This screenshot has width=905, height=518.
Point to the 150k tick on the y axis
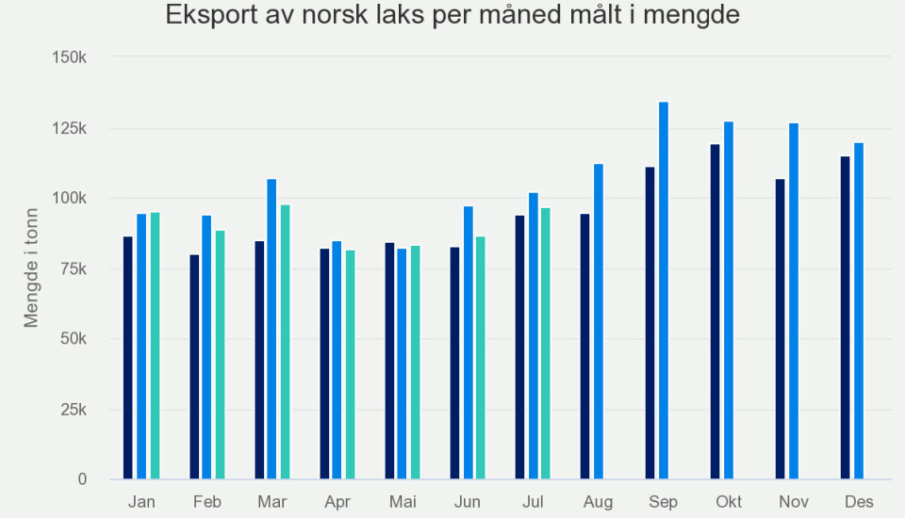point(70,57)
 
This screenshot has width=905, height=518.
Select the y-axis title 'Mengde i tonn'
point(32,268)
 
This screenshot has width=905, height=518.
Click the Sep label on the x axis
point(663,502)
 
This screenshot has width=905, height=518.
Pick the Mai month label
point(403,502)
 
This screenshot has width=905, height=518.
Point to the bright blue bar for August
point(598,321)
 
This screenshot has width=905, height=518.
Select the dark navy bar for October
point(715,312)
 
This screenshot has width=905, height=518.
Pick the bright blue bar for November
point(794,301)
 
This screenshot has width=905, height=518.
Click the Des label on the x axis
point(859,502)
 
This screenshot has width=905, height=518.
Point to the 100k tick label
point(70,199)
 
